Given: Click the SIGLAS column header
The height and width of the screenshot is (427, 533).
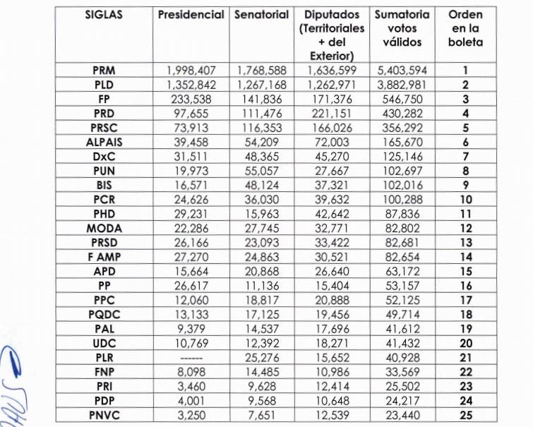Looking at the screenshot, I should pyautogui.click(x=104, y=15).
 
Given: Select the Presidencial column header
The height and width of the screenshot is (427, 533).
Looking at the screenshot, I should pyautogui.click(x=191, y=15).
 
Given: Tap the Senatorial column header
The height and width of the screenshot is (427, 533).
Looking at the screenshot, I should pyautogui.click(x=261, y=15).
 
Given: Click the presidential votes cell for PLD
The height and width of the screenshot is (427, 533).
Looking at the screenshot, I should pyautogui.click(x=191, y=85).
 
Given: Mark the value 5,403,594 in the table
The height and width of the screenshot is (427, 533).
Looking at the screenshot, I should pyautogui.click(x=400, y=71).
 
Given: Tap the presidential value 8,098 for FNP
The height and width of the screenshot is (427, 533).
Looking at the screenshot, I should pyautogui.click(x=191, y=372).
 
